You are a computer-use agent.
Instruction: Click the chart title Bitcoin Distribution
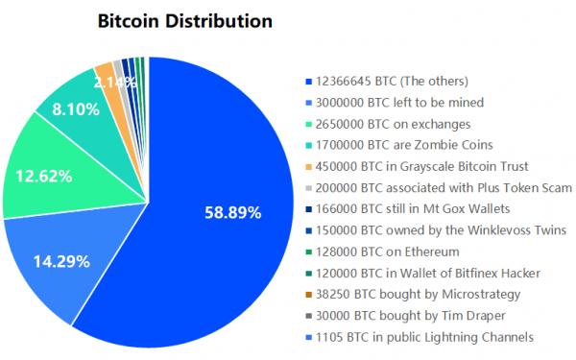(185, 21)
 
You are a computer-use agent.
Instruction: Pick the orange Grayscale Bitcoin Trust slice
(105, 71)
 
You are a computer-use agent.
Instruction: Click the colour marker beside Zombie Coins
(306, 145)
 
